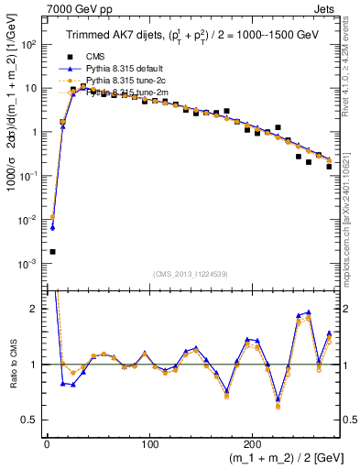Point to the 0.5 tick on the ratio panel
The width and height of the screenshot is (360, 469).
pyautogui.click(x=30, y=420)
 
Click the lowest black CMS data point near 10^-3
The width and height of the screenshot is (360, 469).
pyautogui.click(x=52, y=251)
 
